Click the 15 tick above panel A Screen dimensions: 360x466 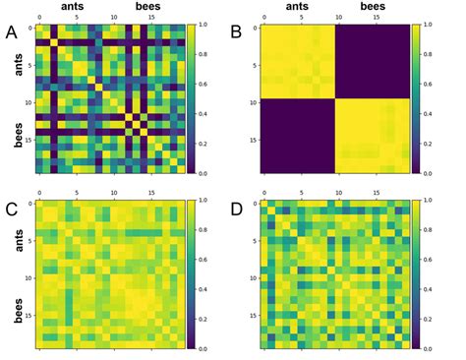tap(150, 19)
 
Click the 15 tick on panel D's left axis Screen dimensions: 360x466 tap(253, 315)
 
